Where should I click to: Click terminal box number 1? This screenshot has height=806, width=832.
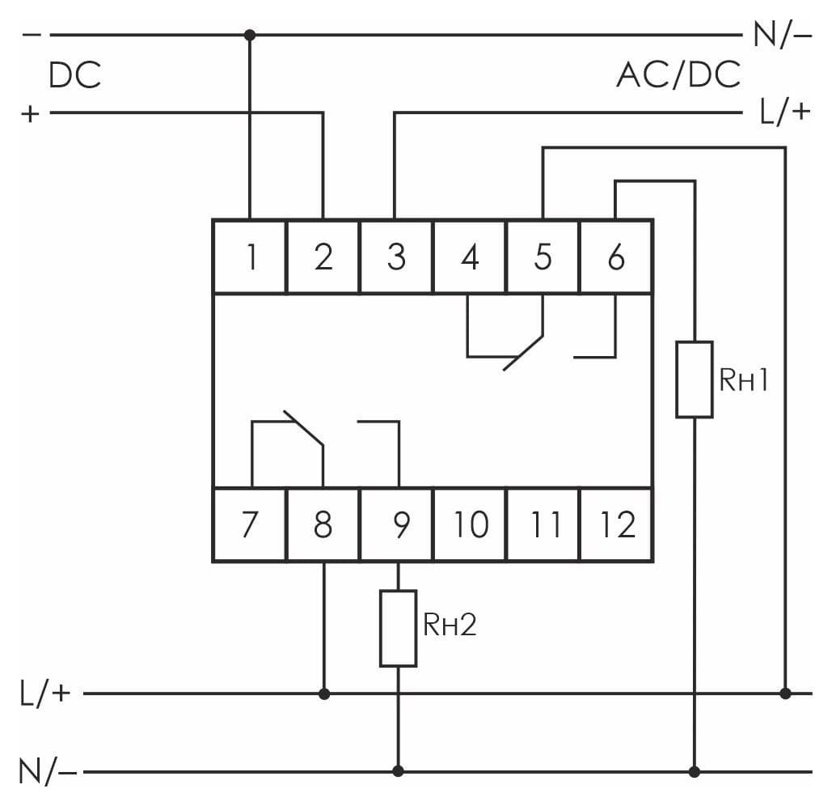[249, 257]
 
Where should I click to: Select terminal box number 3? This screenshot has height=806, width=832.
[396, 257]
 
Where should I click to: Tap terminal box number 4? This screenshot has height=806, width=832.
[470, 257]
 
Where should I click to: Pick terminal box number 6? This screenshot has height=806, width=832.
[617, 257]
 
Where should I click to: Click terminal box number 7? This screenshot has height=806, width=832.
[249, 524]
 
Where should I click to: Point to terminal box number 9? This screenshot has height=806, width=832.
[396, 524]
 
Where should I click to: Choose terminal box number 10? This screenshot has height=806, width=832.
[470, 524]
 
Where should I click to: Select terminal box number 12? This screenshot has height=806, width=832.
[617, 524]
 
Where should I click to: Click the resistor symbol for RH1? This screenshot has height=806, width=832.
[694, 380]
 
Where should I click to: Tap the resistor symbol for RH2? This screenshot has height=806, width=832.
[398, 628]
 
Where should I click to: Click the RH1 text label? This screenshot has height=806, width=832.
[744, 380]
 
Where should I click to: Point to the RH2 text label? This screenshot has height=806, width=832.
[450, 625]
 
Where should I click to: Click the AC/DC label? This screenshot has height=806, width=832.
[678, 74]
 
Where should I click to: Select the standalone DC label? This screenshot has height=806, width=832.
[75, 75]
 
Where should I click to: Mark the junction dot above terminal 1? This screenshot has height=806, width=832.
[249, 35]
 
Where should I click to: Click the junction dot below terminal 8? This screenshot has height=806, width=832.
[324, 694]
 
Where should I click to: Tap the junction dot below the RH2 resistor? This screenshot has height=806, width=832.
[398, 771]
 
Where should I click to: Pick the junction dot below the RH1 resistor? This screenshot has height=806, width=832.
[694, 771]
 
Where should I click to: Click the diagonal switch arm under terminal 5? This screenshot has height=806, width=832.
[523, 353]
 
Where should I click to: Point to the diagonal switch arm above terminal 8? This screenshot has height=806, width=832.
[303, 428]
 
